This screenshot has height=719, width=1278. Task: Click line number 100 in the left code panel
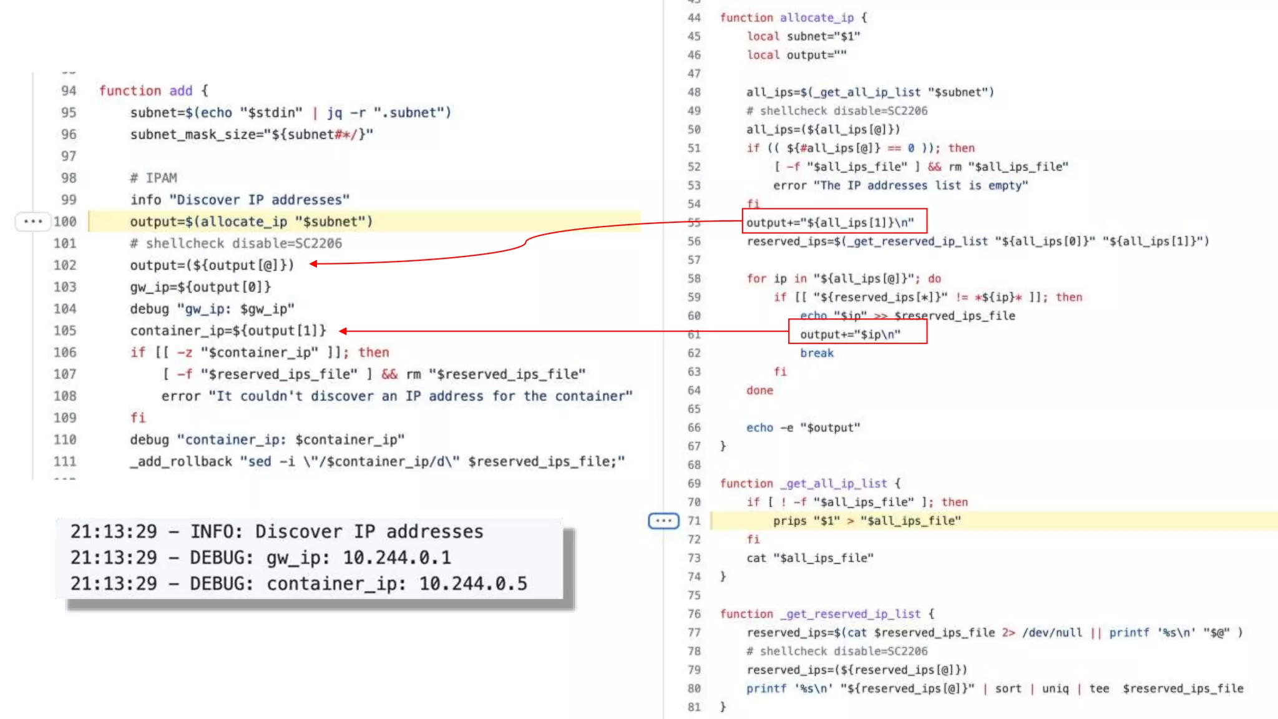pos(65,222)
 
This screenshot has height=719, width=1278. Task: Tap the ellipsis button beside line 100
pos(32,222)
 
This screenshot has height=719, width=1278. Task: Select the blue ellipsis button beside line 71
pos(663,521)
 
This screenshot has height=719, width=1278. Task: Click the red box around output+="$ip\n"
pos(857,331)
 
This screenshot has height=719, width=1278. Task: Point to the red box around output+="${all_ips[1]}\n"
pos(834,221)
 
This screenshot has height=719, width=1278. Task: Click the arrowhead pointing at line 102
pos(313,264)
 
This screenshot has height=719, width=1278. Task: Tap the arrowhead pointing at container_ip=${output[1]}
pos(343,331)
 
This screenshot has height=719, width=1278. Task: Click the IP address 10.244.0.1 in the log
pos(397,557)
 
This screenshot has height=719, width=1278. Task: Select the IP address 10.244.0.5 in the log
pos(473,584)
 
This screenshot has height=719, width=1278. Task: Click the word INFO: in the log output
pos(216,532)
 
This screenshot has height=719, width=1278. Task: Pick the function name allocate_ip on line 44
pos(816,17)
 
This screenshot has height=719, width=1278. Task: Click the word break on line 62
pos(816,353)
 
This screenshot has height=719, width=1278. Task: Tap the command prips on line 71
pos(789,521)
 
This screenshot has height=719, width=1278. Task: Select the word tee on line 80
pos(1099,688)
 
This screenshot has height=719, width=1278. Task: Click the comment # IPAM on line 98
pos(154,178)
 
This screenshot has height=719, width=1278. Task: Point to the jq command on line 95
pos(334,112)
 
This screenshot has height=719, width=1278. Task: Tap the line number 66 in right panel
pos(694,428)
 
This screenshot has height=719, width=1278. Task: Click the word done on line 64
pos(759,390)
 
